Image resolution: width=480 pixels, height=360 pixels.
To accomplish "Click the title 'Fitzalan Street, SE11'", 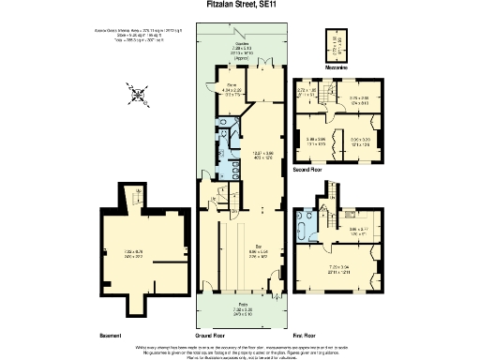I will point(240,5).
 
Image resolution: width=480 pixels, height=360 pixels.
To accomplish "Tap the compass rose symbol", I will point(139,94).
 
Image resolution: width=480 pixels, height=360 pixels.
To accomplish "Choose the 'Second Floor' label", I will point(307,172).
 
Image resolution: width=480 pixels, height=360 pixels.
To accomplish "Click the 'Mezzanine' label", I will point(337,67).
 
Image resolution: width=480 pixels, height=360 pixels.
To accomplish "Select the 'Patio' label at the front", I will point(240,306).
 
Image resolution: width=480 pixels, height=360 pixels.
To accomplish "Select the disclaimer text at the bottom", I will point(240,350).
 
